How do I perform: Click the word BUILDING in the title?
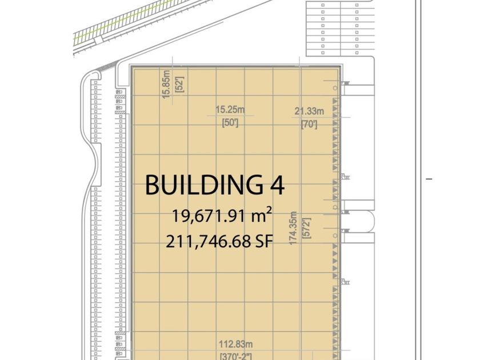[x=204, y=185]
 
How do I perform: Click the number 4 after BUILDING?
[x=277, y=185]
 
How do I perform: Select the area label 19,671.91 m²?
[x=222, y=215]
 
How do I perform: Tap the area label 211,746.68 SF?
[x=219, y=242]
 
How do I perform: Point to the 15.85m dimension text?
[x=166, y=84]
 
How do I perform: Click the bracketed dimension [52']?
[x=179, y=85]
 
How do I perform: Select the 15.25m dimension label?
[x=230, y=109]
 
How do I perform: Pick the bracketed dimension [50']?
[x=230, y=123]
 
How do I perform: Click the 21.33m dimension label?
[x=309, y=111]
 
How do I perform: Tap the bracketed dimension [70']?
[x=309, y=125]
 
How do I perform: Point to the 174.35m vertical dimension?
[x=293, y=228]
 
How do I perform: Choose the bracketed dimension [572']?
[x=307, y=228]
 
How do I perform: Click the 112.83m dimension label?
[x=235, y=344]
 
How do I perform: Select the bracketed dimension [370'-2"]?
[x=235, y=356]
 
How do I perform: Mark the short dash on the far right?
[x=429, y=179]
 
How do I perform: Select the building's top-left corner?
[x=132, y=66]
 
